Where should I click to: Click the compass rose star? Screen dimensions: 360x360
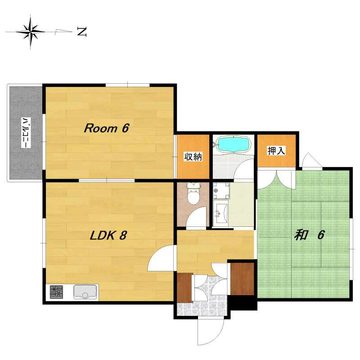click(x=31, y=31)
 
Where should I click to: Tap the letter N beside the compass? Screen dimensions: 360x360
click(x=82, y=31)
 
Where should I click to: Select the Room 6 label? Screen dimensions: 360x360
click(x=107, y=128)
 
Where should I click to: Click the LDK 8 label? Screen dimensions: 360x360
click(x=108, y=235)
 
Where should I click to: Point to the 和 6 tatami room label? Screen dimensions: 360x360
click(x=309, y=235)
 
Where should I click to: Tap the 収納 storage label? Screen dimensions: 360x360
click(x=193, y=157)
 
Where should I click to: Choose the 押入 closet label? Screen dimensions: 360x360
click(x=276, y=151)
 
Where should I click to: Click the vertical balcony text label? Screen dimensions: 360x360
click(x=26, y=133)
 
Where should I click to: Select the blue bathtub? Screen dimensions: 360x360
click(x=233, y=144)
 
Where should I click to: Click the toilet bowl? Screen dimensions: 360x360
click(x=193, y=196)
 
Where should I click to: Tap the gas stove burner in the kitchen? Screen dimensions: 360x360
click(x=57, y=292)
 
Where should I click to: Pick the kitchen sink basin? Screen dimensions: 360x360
click(x=85, y=292)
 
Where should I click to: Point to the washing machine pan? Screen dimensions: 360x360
click(x=221, y=190)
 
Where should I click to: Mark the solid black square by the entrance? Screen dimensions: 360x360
click(x=243, y=302)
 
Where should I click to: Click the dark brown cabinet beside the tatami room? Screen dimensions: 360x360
click(x=242, y=279)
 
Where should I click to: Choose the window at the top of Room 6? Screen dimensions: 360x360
click(x=128, y=85)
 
